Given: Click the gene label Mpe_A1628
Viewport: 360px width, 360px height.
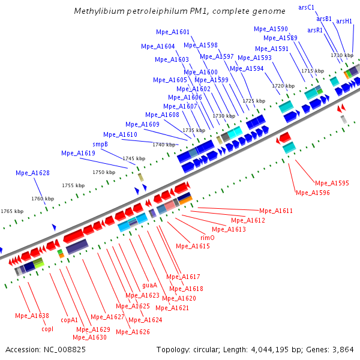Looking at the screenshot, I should coord(32,173).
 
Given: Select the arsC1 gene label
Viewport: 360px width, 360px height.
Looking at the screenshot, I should coord(306,7).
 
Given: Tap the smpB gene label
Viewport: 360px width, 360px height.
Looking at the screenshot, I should coord(100,144).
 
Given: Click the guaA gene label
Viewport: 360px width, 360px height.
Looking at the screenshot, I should coord(149,285).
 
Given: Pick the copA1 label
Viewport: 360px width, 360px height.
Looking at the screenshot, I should coord(70,320).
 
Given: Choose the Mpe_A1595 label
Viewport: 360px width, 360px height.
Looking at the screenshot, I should coord(332,183).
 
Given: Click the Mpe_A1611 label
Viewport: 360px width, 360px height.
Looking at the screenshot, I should coord(276,211).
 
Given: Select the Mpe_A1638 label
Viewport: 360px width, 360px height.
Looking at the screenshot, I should coord(32,316).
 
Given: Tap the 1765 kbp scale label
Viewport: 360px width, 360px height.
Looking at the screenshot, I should coord(12,211).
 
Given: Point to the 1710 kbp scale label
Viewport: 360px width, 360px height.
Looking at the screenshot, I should coord(341,55).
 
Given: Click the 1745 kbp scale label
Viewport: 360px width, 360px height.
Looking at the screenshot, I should coord(134,158).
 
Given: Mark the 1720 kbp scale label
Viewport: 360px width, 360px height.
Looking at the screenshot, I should coord(283,86).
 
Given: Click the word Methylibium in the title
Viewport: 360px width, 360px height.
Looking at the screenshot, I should coord(96,11).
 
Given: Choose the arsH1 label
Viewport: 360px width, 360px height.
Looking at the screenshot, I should coord(344,21).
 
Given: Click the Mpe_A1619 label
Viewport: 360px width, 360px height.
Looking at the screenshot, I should coord(78,153).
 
